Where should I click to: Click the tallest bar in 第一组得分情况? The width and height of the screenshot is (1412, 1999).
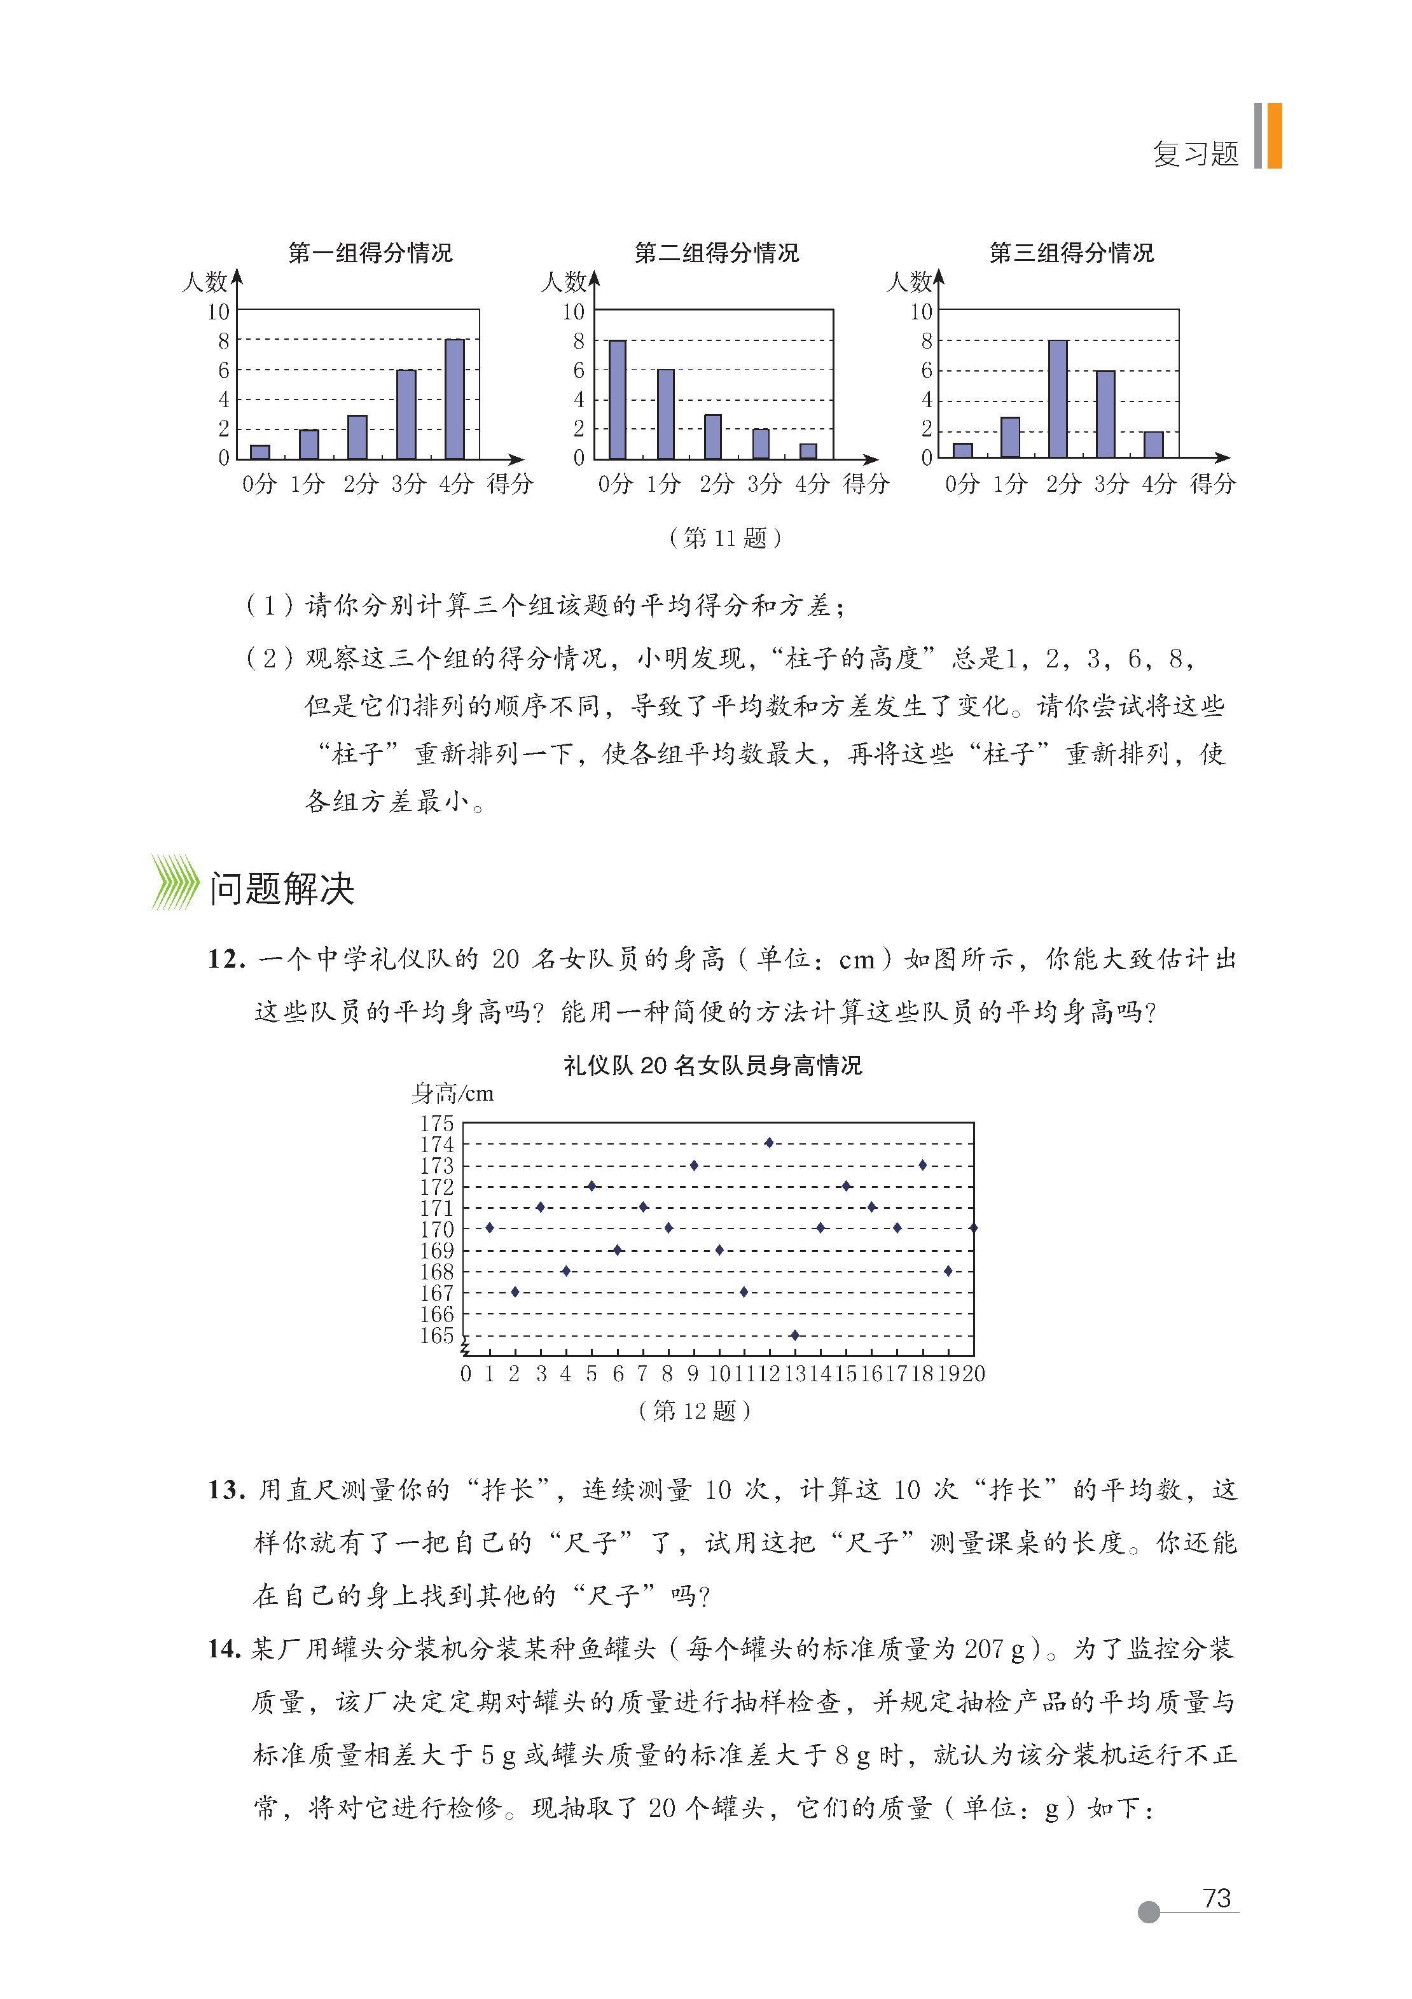[x=454, y=399]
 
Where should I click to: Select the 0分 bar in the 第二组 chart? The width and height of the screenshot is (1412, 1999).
[x=617, y=399]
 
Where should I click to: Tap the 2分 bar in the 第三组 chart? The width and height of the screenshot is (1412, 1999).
[x=1058, y=399]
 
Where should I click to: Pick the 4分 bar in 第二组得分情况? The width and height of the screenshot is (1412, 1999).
[x=808, y=451]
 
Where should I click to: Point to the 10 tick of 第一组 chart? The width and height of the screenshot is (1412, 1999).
[x=219, y=312]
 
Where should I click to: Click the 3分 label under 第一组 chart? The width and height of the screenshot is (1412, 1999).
[x=408, y=484]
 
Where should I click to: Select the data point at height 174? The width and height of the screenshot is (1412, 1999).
[x=769, y=1142]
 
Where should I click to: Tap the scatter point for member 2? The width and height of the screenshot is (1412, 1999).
[x=515, y=1292]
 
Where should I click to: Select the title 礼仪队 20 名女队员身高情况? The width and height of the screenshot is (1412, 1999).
[x=712, y=1066]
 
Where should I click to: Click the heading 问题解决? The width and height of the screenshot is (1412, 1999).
[x=281, y=889]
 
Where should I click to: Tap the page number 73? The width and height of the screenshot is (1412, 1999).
[x=1215, y=1898]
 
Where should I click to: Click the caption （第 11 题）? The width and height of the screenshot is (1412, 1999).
[x=726, y=538]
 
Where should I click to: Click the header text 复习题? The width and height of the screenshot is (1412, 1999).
[x=1195, y=154]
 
